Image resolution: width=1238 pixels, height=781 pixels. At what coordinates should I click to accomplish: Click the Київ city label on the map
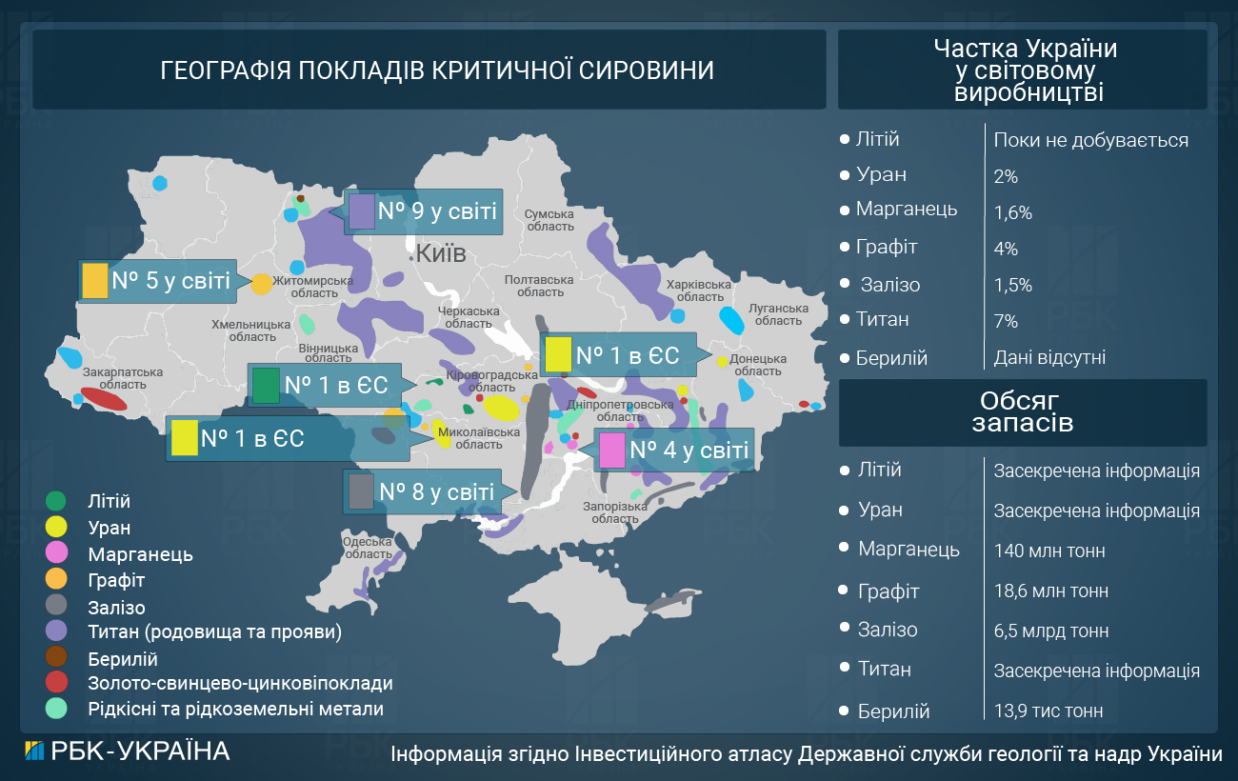441,253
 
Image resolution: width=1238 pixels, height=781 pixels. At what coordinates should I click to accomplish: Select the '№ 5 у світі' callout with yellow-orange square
156,282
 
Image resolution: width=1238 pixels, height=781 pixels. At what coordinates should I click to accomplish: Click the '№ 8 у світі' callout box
422,492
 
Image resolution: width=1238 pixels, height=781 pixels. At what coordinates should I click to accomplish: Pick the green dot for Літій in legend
56,501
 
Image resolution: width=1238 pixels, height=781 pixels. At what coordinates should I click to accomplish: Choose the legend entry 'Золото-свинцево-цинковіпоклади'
239,683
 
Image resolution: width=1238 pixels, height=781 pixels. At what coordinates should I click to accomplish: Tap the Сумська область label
550,220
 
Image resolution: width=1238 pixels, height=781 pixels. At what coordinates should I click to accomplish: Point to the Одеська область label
367,548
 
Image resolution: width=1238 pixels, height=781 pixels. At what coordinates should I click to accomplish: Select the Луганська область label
778,314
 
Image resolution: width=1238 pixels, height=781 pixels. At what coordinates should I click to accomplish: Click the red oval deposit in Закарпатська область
104,398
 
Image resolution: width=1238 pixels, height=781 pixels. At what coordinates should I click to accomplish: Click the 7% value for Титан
1006,322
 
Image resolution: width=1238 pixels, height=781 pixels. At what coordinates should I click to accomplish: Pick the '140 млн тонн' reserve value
1049,551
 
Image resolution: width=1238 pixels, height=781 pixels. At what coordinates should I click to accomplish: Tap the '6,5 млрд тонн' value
1050,631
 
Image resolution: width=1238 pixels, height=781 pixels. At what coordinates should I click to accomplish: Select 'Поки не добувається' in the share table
1090,141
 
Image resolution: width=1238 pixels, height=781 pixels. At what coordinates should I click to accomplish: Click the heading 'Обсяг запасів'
1022,411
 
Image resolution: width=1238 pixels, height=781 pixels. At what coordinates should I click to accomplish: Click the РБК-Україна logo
127,751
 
